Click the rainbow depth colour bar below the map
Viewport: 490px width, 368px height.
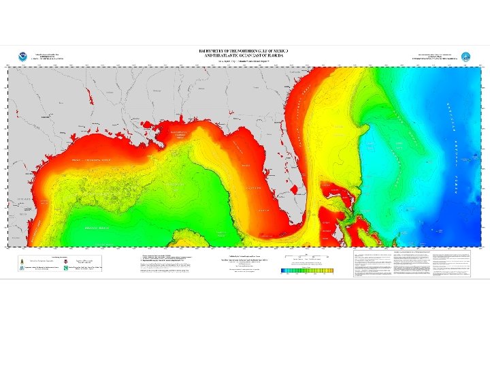point(307,271)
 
